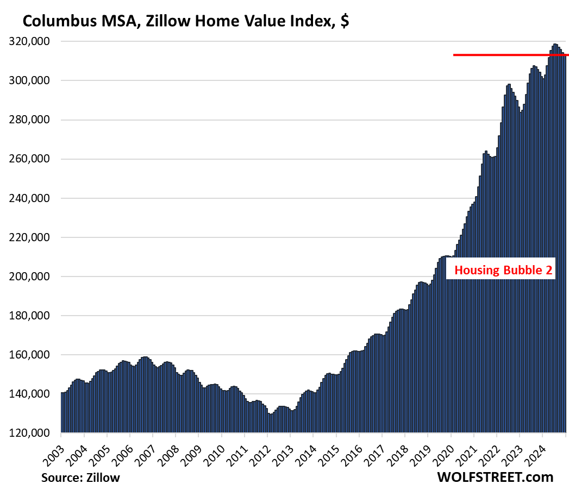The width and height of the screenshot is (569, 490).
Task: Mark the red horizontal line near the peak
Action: click(511, 55)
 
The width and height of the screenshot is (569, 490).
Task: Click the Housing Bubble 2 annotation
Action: click(501, 270)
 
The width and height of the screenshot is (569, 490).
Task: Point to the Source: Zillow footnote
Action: click(80, 478)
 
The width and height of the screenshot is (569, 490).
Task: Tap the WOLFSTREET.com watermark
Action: click(495, 477)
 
